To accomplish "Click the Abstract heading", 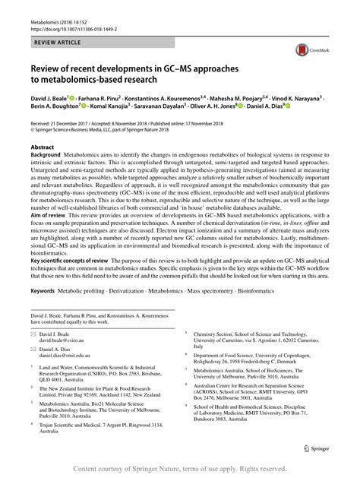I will click(x=42, y=144).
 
